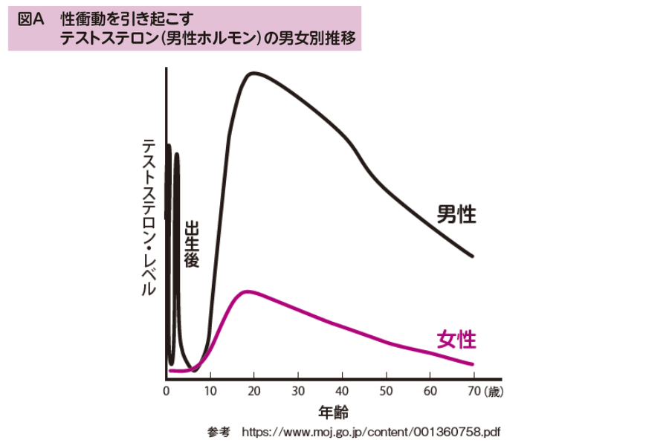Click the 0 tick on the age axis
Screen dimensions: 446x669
click(166, 390)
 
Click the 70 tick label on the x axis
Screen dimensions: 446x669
click(473, 390)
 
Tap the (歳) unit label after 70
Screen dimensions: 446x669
click(493, 390)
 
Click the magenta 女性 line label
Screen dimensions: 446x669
click(456, 340)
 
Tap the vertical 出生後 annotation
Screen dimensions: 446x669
click(191, 243)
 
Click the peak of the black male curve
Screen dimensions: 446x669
click(254, 73)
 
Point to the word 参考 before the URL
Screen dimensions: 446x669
click(219, 431)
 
